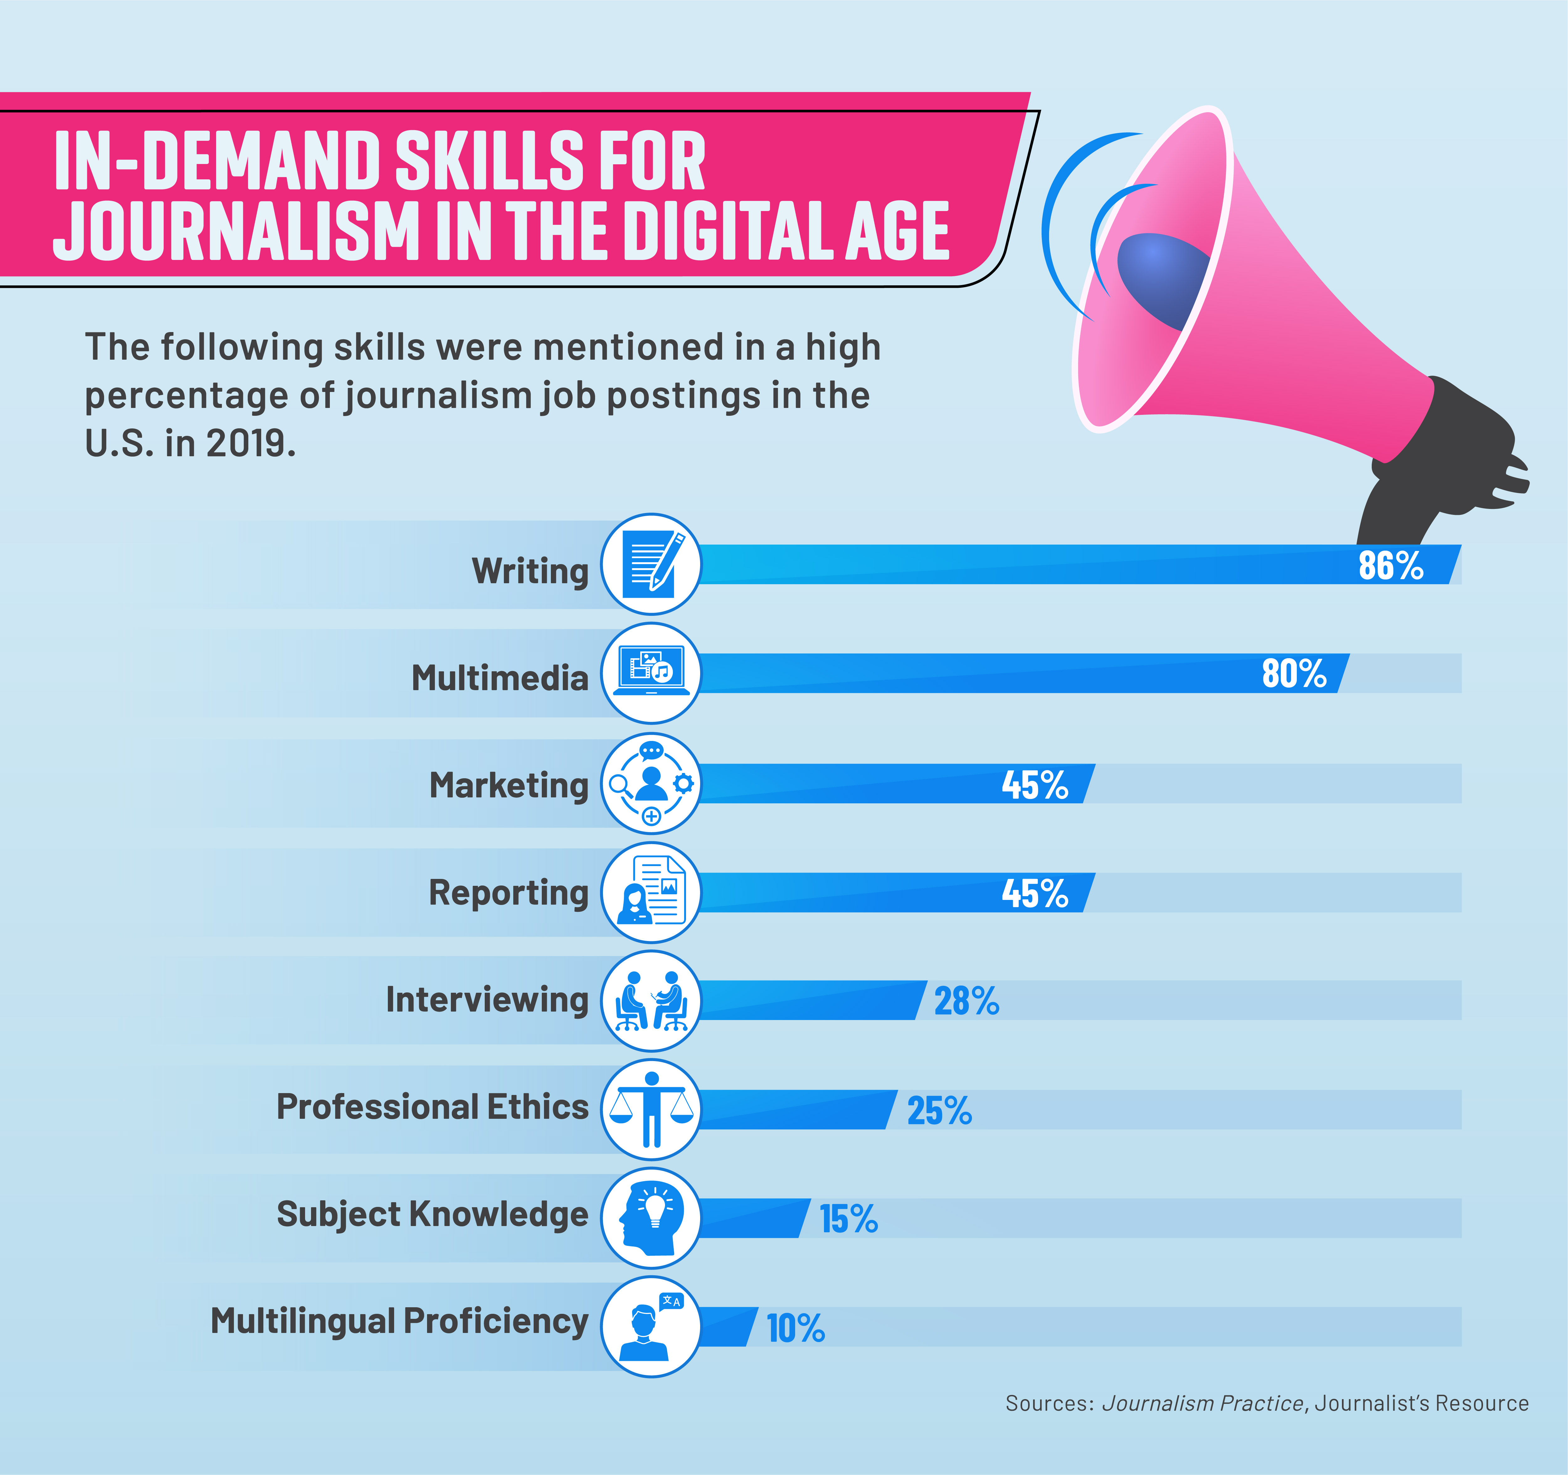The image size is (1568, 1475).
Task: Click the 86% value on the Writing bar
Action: click(x=1391, y=566)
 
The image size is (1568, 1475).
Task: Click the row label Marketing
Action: click(x=509, y=785)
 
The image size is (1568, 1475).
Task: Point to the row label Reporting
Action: click(x=509, y=893)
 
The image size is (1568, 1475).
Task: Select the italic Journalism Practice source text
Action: click(x=1202, y=1403)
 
